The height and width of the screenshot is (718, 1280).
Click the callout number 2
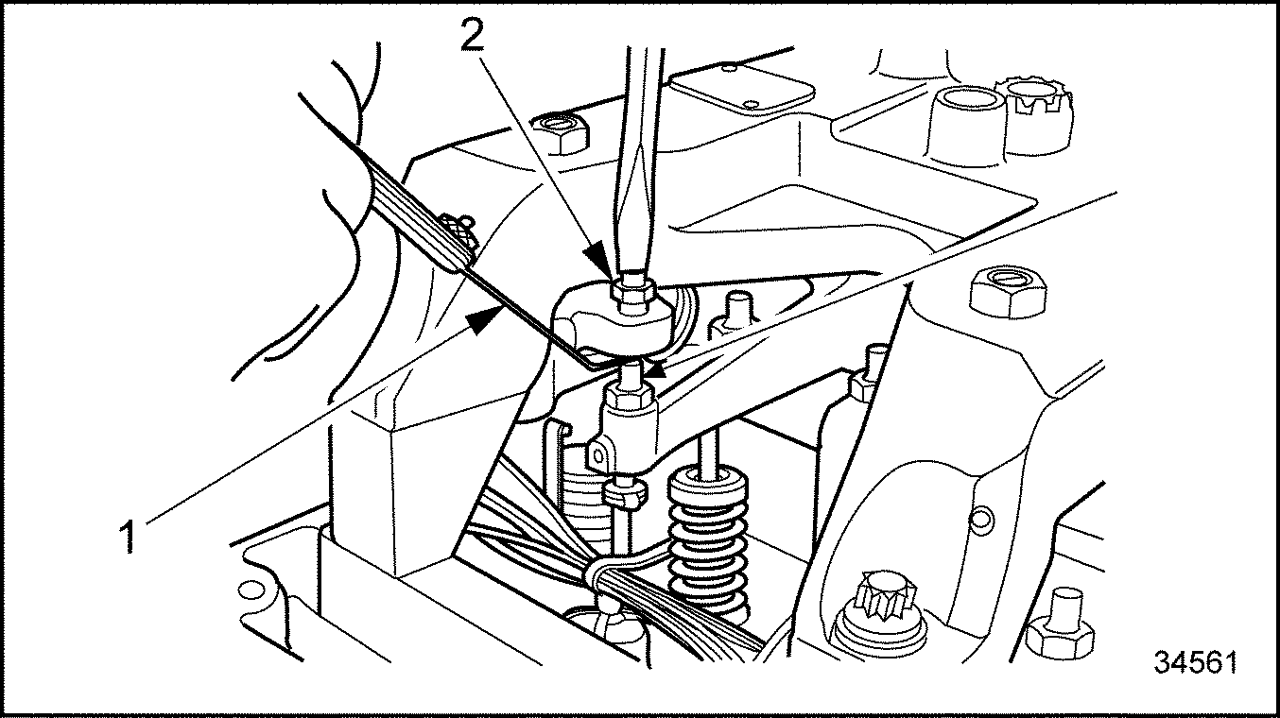coord(472,34)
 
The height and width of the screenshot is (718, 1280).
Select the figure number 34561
coord(1196,662)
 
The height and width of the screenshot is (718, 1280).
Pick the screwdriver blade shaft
coord(639,160)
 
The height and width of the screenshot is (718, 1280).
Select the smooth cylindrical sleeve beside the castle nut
coord(966,127)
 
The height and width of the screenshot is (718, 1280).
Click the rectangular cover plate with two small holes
coord(743,93)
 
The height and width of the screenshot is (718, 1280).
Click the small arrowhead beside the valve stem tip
coord(657,370)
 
